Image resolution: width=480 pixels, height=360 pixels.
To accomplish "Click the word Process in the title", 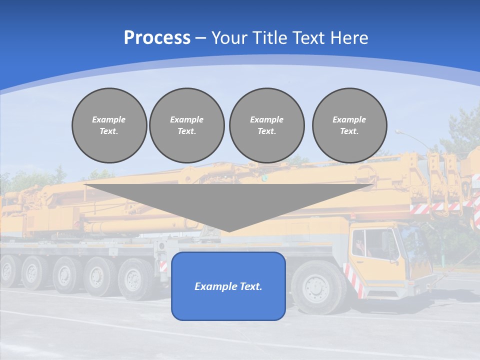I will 157,38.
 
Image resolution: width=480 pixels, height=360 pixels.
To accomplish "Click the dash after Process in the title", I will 200,38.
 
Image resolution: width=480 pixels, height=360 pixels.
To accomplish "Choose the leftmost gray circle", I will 109,125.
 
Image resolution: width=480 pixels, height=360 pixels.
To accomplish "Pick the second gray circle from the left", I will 187,125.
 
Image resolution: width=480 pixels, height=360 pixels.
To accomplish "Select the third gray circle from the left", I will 267,125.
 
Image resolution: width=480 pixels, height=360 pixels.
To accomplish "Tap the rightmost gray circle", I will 349,125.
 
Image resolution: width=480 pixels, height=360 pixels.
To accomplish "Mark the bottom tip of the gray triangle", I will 229,231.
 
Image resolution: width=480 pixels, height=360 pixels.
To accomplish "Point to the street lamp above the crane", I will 400,132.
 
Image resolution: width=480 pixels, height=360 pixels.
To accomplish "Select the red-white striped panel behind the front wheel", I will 352,280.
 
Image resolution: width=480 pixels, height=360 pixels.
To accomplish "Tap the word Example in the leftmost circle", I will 109,119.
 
